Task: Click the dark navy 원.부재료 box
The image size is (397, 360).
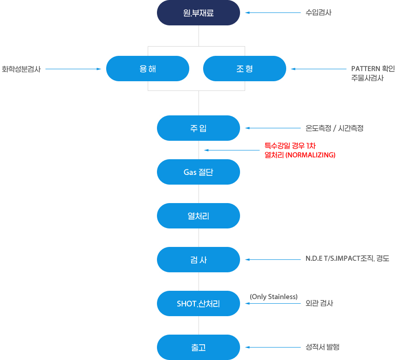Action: tap(198, 13)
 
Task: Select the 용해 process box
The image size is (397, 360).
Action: tap(148, 69)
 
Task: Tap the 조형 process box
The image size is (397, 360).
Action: tap(245, 69)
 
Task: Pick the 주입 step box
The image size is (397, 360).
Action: tap(198, 128)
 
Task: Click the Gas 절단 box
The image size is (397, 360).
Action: tap(198, 172)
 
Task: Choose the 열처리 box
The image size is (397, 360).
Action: tap(198, 216)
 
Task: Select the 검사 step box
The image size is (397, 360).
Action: tap(198, 260)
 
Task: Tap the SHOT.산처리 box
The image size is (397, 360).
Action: tap(198, 304)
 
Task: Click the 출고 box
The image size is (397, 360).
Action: tap(198, 348)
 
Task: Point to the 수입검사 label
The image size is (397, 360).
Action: tap(319, 13)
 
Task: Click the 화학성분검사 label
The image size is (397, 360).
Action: tap(21, 69)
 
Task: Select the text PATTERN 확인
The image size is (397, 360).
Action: tap(373, 69)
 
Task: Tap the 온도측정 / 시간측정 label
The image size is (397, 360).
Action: tap(334, 128)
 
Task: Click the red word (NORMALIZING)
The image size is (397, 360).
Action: tap(310, 155)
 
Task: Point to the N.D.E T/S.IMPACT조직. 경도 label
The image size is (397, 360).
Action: tap(347, 259)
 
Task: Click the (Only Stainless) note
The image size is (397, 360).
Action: tap(274, 297)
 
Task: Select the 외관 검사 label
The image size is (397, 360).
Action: tap(319, 303)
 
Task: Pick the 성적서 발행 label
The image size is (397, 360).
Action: tap(323, 347)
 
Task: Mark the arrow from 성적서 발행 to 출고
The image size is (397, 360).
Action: tap(272, 347)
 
